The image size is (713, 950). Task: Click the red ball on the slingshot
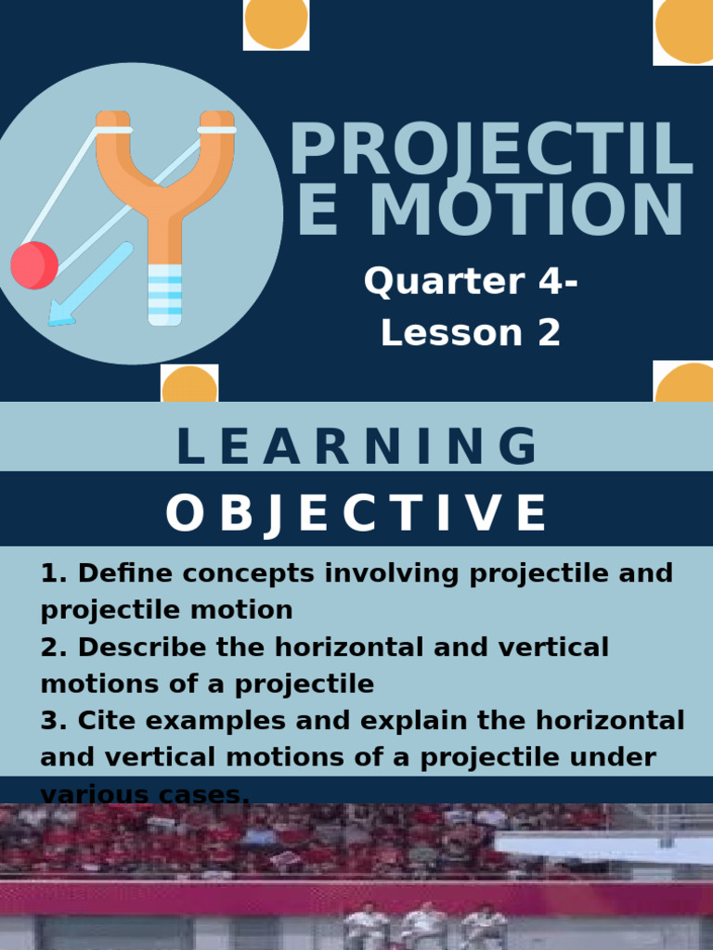pyautogui.click(x=34, y=265)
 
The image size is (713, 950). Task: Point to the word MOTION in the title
pyautogui.click(x=526, y=212)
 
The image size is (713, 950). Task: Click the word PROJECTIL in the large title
pyautogui.click(x=490, y=151)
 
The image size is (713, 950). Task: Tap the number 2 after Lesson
pyautogui.click(x=548, y=333)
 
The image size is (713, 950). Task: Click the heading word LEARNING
pyautogui.click(x=356, y=447)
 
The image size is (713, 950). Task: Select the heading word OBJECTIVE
pyautogui.click(x=356, y=513)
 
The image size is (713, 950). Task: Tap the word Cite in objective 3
pyautogui.click(x=103, y=721)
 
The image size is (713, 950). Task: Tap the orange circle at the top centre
pyautogui.click(x=276, y=22)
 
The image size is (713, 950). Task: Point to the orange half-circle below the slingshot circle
pyautogui.click(x=189, y=385)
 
